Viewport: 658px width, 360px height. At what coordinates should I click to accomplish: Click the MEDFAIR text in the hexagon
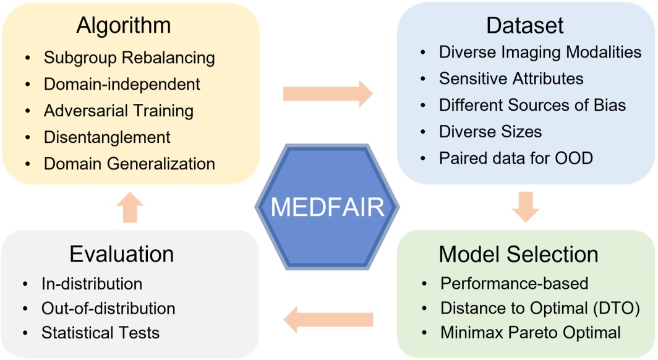point(328,207)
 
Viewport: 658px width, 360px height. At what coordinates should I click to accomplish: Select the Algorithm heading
point(123,26)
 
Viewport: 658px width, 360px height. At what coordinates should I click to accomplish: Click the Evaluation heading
point(121,254)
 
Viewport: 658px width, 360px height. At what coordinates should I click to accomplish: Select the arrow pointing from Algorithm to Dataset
point(328,93)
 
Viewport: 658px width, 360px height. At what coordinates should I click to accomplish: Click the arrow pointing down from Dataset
point(526,207)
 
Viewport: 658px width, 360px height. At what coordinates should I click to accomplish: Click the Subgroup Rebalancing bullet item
point(129,58)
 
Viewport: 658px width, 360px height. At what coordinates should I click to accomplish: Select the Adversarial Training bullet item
point(118,111)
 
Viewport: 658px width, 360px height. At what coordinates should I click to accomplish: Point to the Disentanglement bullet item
point(107,137)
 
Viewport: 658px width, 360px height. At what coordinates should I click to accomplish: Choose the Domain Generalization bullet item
point(129,164)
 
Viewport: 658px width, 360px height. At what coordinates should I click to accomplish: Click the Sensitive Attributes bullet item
point(511,79)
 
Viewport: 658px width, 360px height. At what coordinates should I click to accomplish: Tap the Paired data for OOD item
point(516,158)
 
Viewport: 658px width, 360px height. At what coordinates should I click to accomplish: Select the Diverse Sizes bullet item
point(490,132)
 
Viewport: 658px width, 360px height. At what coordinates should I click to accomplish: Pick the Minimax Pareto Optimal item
point(530,333)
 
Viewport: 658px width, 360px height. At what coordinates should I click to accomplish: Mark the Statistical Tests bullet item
point(100,333)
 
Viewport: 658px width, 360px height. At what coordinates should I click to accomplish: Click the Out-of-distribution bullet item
point(108,308)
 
